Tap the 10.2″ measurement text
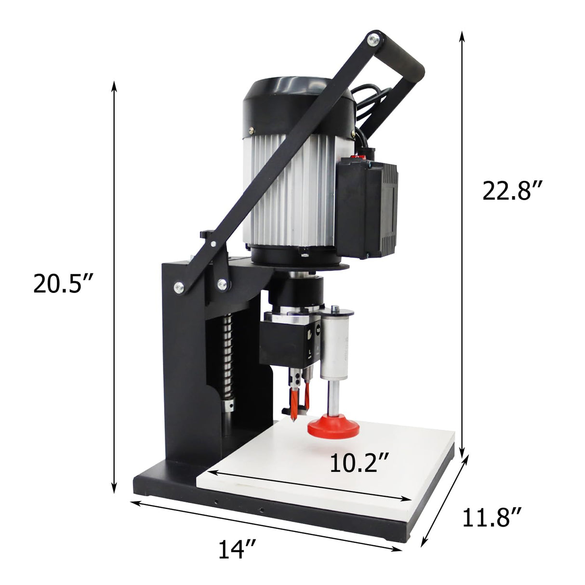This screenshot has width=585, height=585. click(359, 463)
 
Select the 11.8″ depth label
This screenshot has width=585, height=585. click(492, 518)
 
